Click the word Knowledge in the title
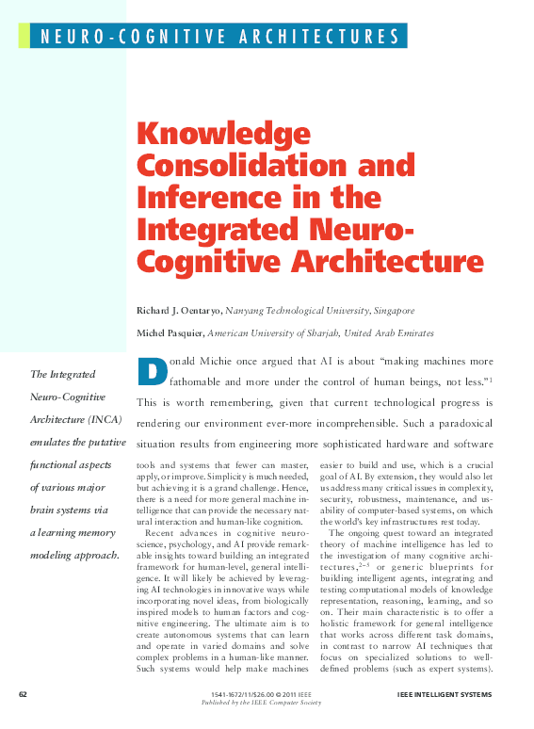coord(217,135)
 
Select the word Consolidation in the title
coord(248,167)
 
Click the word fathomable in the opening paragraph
coord(201,381)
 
